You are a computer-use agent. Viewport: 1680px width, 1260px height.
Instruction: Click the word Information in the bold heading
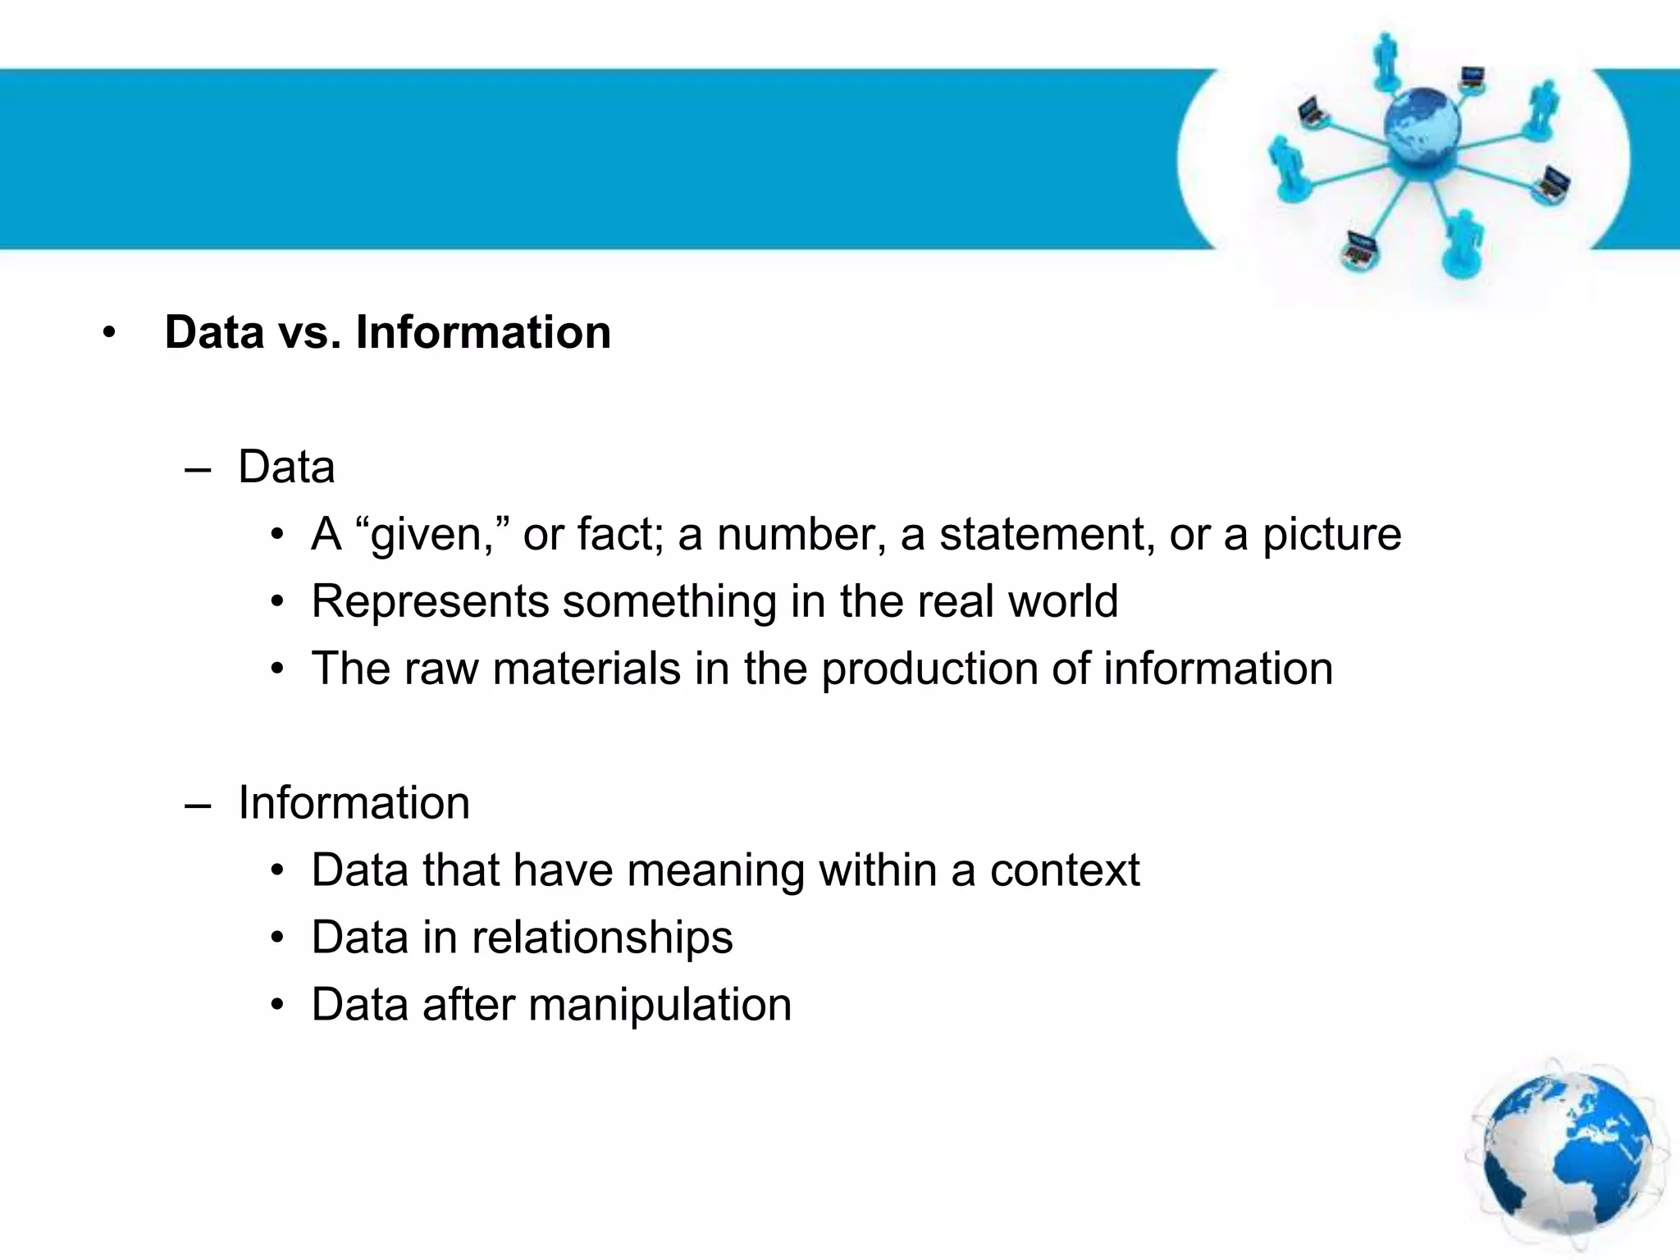point(483,332)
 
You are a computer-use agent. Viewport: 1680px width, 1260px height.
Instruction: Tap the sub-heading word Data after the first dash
point(286,468)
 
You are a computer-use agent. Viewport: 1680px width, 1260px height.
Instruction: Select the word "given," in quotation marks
point(432,535)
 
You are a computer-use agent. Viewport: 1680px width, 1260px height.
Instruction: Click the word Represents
point(430,602)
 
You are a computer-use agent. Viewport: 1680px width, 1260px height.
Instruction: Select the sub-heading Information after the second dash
point(354,803)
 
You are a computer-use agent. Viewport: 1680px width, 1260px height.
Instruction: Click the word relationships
point(602,938)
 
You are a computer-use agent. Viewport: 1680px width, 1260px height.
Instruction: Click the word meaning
point(715,871)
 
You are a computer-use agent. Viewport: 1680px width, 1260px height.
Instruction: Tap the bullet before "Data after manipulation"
point(278,1006)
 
